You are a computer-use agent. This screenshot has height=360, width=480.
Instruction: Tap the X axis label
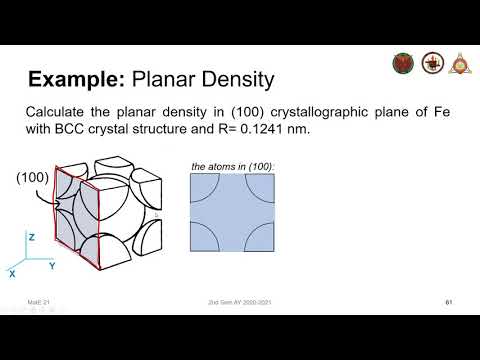pyautogui.click(x=11, y=272)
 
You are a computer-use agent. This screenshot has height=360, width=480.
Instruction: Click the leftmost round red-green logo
pyautogui.click(x=402, y=62)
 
